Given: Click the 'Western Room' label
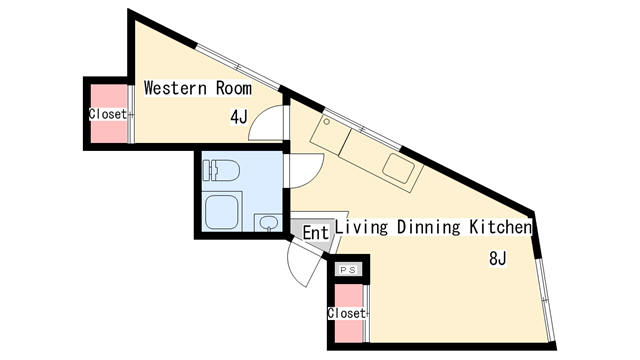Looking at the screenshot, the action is pyautogui.click(x=198, y=88).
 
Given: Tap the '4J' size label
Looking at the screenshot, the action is pyautogui.click(x=239, y=117).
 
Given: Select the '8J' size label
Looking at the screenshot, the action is pyautogui.click(x=498, y=258).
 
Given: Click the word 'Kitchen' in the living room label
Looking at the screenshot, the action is pyautogui.click(x=501, y=227).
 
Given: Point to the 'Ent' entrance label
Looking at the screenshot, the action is pyautogui.click(x=316, y=233).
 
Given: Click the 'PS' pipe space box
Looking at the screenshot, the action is pyautogui.click(x=349, y=269).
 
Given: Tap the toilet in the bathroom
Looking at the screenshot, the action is pyautogui.click(x=221, y=170).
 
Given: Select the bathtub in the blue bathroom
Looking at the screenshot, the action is pyautogui.click(x=222, y=211).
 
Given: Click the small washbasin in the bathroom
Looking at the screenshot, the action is pyautogui.click(x=268, y=223).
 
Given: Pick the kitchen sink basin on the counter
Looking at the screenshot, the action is pyautogui.click(x=399, y=168).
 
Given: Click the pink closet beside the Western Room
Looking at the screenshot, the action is pyautogui.click(x=109, y=114).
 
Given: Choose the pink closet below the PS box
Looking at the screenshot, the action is pyautogui.click(x=349, y=313).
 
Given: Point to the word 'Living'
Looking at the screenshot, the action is pyautogui.click(x=361, y=227).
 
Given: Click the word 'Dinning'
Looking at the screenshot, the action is pyautogui.click(x=428, y=227).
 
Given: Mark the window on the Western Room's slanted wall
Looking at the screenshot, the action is pyautogui.click(x=238, y=67).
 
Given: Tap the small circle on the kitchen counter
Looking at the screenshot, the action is pyautogui.click(x=327, y=122).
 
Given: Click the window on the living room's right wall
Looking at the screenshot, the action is pyautogui.click(x=546, y=299).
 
